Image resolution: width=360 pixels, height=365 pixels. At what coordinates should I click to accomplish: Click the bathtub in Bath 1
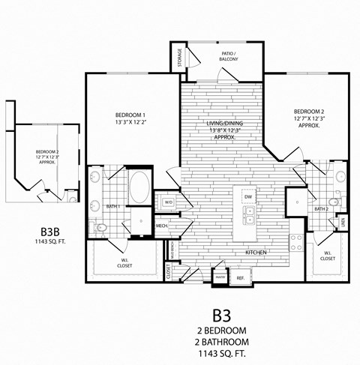(139, 187)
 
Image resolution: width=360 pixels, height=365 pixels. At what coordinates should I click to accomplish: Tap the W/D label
(167, 202)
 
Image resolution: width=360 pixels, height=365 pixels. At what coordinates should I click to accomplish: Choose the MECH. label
(161, 226)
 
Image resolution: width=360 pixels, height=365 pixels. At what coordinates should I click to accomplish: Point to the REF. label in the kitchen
(241, 277)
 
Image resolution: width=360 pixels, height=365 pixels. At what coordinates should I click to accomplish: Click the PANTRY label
(220, 277)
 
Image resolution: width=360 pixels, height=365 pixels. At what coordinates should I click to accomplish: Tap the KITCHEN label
(257, 253)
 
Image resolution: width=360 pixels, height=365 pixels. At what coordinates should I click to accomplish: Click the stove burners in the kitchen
(296, 243)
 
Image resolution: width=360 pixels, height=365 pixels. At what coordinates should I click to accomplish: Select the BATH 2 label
(322, 209)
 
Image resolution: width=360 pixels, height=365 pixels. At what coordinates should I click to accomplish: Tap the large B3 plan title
(220, 313)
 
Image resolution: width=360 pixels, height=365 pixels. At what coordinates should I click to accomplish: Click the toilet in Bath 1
(101, 227)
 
